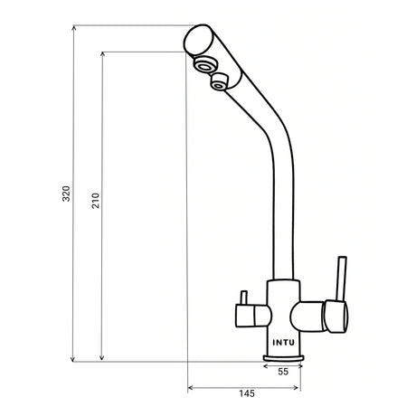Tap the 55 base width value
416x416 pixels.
coord(282,371)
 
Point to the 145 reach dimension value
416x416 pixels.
coord(247,394)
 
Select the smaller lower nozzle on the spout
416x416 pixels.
coord(218,84)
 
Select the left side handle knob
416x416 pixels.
coord(249,315)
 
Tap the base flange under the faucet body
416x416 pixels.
coord(282,359)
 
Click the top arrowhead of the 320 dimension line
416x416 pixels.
coord(73,29)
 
